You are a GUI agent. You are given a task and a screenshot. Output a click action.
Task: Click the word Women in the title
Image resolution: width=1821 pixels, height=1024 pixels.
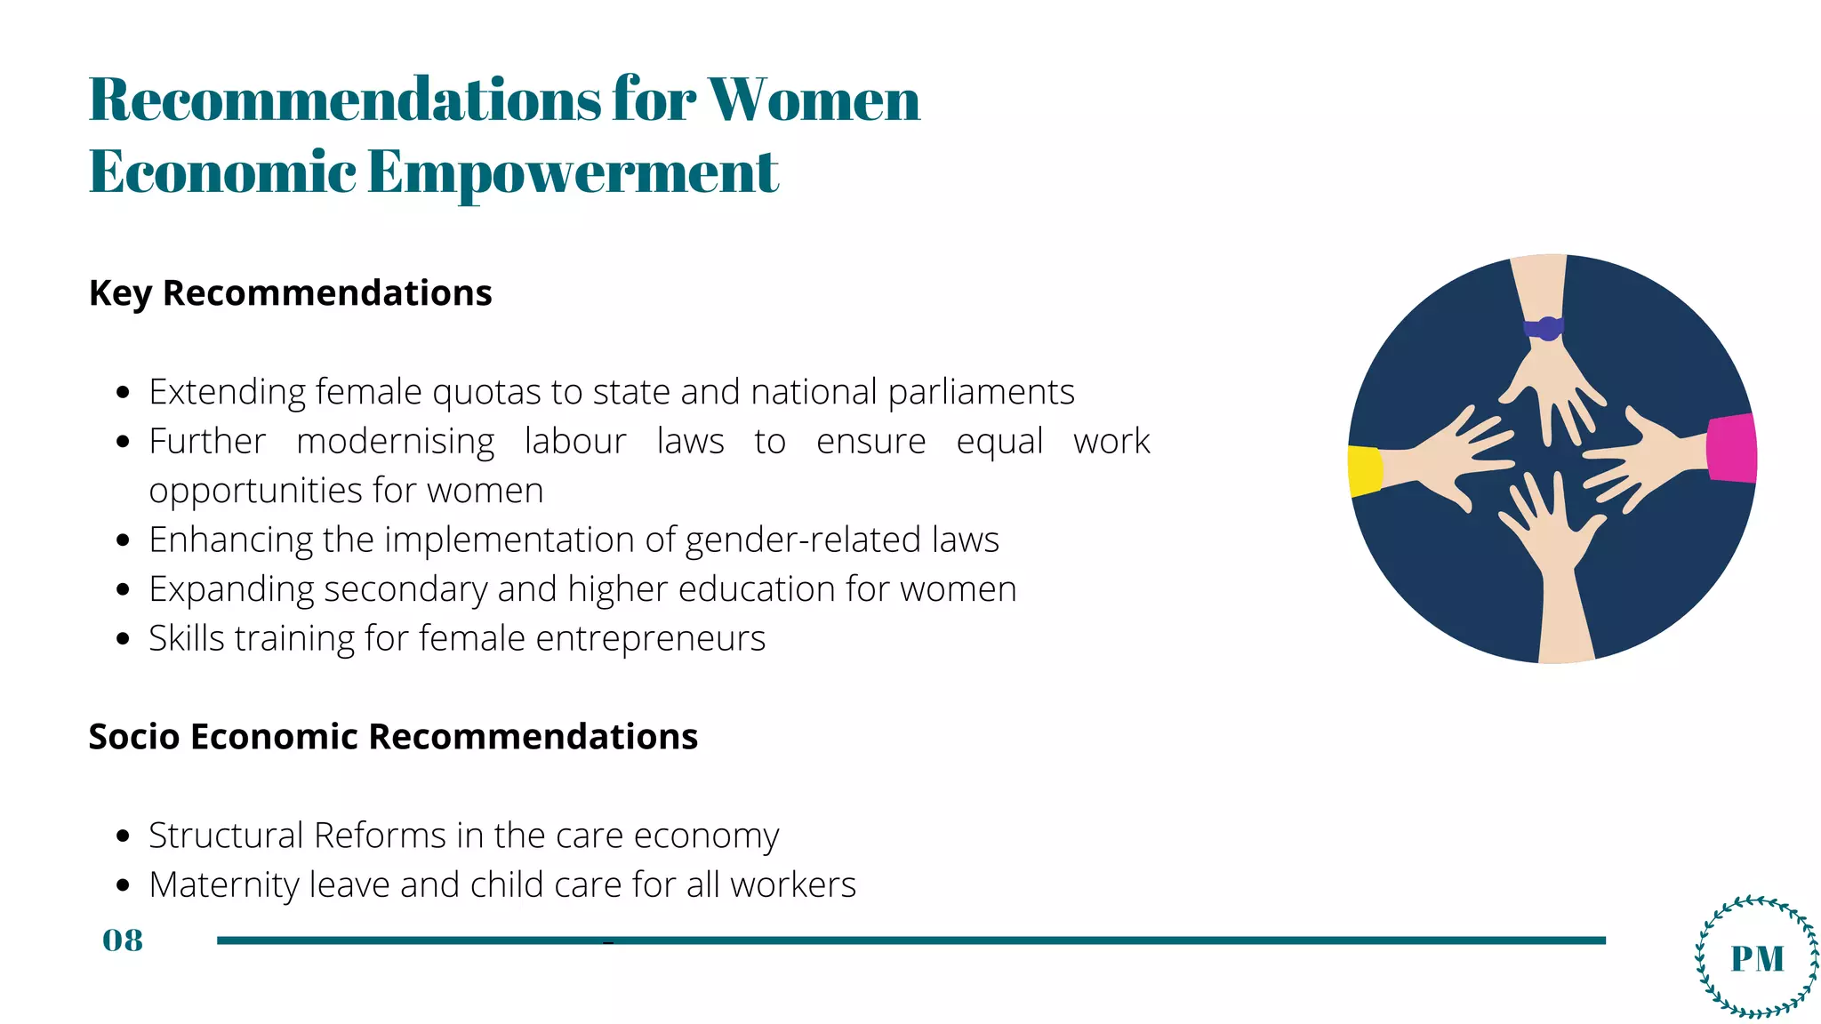click(x=813, y=100)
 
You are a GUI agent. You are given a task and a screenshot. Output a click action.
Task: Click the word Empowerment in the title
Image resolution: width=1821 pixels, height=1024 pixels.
click(x=573, y=172)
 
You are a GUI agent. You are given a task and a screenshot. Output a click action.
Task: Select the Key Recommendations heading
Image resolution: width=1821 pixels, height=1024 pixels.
click(x=290, y=293)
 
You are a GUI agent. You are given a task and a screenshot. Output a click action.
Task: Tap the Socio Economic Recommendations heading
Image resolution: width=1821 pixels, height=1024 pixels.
click(x=393, y=737)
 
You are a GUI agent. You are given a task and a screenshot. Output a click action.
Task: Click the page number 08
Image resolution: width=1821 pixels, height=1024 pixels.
click(x=123, y=940)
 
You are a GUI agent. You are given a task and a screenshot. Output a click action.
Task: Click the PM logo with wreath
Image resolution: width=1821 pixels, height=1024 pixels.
click(x=1757, y=957)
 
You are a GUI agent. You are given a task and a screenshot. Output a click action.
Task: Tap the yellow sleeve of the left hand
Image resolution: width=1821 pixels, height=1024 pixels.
click(x=1365, y=470)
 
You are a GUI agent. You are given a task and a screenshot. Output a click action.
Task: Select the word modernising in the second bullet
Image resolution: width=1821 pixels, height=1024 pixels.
click(x=395, y=442)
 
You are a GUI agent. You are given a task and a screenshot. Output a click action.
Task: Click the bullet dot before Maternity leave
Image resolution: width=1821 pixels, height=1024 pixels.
click(x=124, y=885)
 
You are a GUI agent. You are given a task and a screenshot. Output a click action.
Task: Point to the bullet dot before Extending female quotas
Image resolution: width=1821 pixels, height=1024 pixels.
click(x=124, y=392)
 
